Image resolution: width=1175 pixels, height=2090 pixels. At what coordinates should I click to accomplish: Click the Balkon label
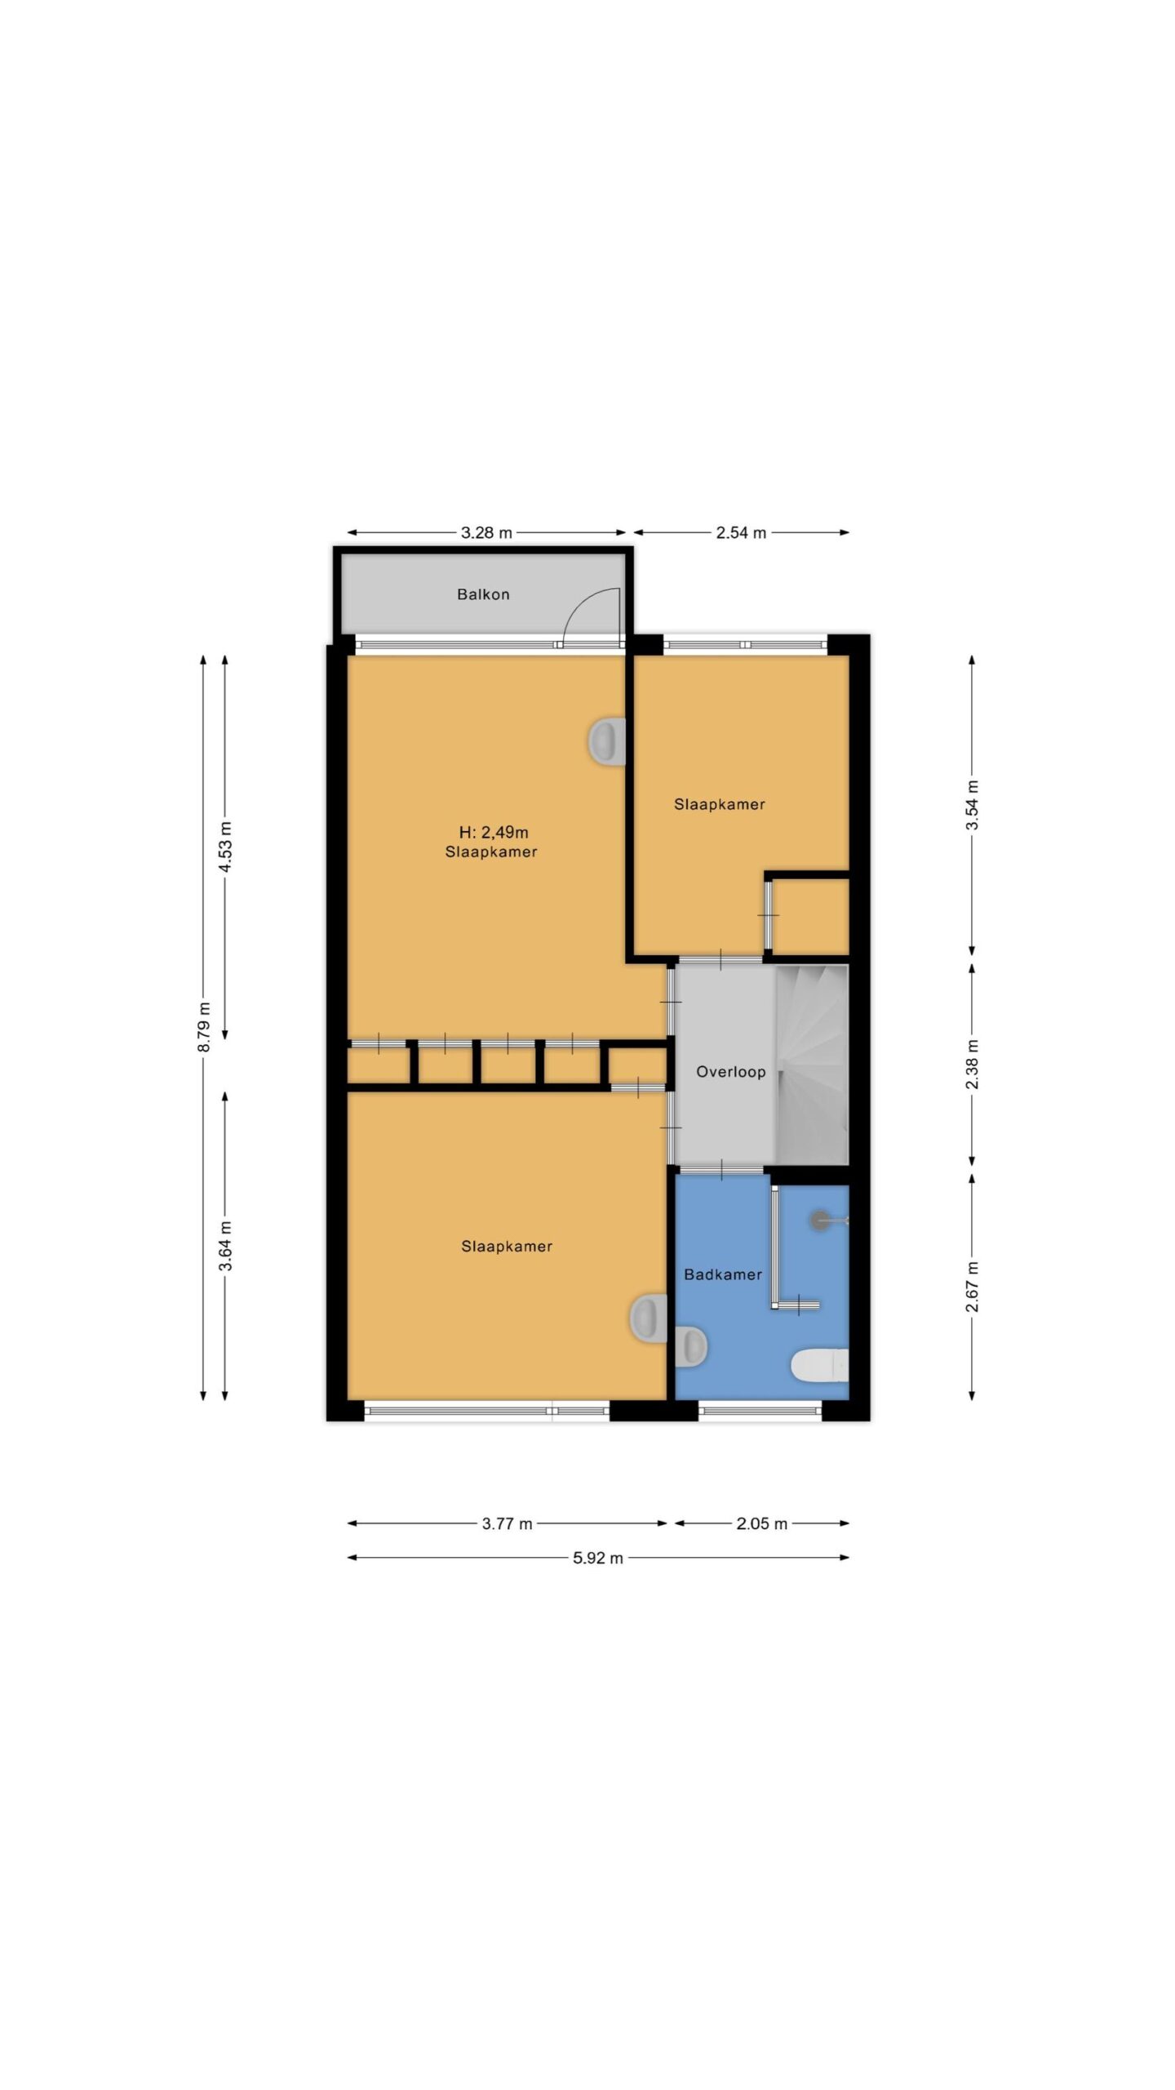(483, 594)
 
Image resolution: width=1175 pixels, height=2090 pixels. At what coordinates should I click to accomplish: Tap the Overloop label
(730, 1072)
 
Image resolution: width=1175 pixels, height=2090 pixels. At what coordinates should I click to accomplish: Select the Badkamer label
(723, 1274)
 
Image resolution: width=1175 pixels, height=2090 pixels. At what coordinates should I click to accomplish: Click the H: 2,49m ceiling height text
(494, 833)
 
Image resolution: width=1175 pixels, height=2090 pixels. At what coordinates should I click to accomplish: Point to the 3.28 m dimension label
(486, 533)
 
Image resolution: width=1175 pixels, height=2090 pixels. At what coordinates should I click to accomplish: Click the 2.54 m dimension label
(741, 533)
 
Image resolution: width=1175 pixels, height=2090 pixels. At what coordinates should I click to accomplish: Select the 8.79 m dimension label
(204, 1027)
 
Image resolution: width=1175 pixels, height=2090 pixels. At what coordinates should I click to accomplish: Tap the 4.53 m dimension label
(226, 847)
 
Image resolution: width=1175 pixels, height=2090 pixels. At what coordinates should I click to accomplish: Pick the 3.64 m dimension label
(226, 1246)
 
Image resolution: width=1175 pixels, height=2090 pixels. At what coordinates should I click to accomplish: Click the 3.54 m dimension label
(973, 805)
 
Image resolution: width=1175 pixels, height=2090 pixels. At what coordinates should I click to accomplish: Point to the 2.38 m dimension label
(973, 1064)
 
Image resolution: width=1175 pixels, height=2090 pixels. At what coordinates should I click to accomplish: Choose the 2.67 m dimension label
(973, 1287)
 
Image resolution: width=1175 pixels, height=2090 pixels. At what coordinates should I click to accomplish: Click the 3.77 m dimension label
(507, 1523)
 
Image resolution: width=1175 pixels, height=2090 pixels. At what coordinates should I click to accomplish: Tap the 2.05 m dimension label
(762, 1523)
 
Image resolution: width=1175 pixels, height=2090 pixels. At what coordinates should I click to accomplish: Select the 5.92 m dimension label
(597, 1558)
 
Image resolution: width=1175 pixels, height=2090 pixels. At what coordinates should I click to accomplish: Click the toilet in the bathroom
(820, 1365)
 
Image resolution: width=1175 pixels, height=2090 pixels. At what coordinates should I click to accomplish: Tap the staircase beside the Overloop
(812, 1065)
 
